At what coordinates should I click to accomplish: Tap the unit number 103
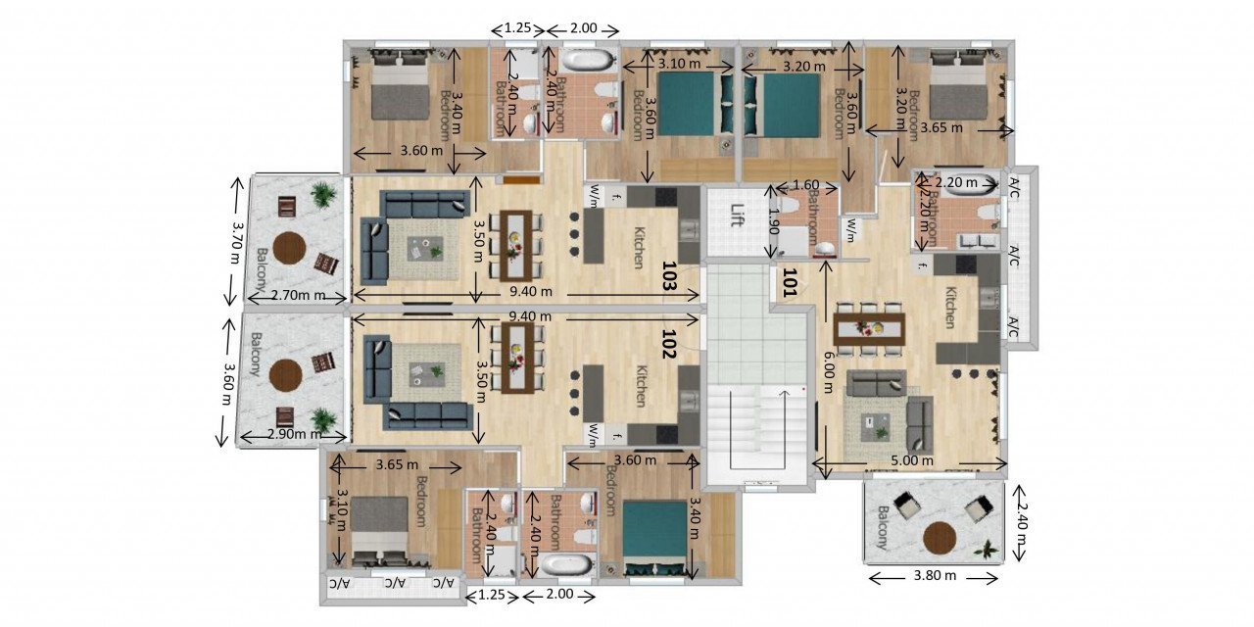pos(670,277)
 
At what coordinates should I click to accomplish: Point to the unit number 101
pos(787,283)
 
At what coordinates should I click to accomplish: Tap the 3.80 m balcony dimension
pos(936,575)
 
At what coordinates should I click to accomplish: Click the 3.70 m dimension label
pos(234,241)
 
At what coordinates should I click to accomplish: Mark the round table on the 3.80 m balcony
pos(940,539)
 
